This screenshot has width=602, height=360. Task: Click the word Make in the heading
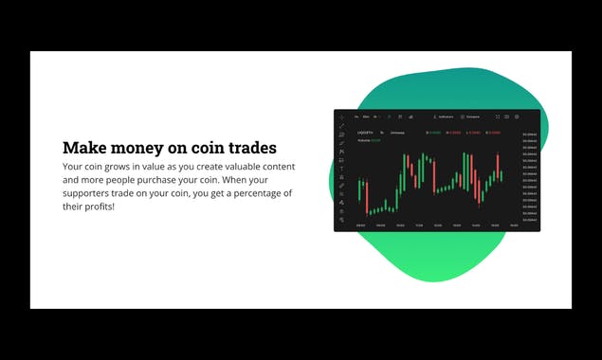pos(82,148)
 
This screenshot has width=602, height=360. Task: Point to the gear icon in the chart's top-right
pos(517,117)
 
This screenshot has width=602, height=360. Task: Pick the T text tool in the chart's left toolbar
pos(341,169)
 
